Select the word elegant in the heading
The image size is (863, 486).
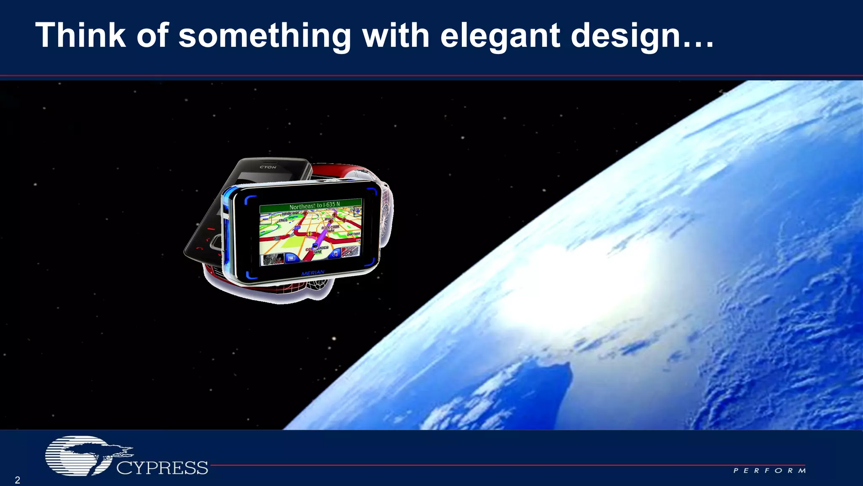[x=500, y=36]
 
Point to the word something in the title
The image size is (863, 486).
[x=265, y=36]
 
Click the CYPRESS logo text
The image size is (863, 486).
[x=162, y=468]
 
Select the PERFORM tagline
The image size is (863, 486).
[x=769, y=470]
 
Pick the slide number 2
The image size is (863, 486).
[x=17, y=480]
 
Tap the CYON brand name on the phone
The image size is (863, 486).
[x=268, y=167]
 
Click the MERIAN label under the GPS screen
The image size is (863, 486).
[x=313, y=273]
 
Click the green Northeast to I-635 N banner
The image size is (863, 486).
[x=311, y=206]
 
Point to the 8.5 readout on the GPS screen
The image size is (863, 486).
[x=349, y=253]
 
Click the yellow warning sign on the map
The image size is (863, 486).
[x=309, y=233]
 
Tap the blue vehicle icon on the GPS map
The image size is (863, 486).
[x=315, y=245]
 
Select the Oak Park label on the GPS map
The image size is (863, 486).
[x=353, y=233]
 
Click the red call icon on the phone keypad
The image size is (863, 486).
[x=211, y=230]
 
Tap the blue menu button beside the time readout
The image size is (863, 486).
[x=291, y=258]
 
